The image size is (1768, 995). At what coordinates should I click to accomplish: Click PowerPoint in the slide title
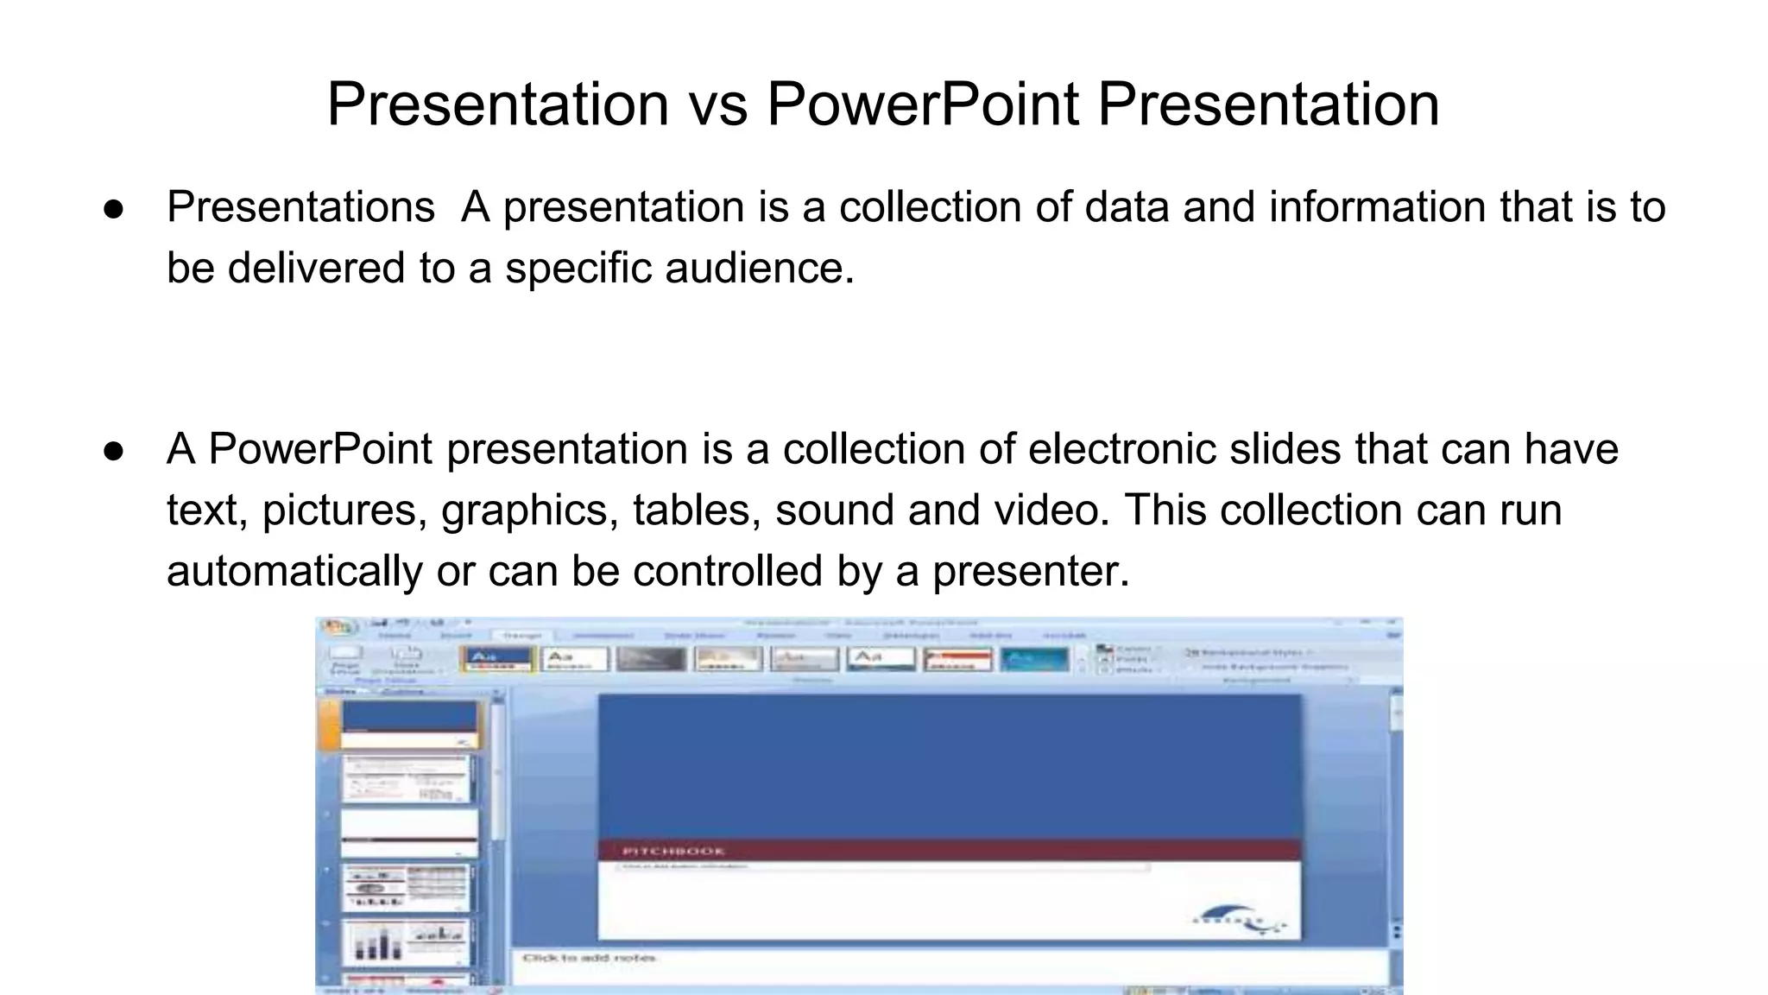pos(923,105)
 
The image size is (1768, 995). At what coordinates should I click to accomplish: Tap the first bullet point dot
pos(114,209)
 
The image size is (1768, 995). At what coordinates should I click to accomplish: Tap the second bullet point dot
pos(114,451)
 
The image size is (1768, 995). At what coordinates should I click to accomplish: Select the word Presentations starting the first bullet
pos(300,207)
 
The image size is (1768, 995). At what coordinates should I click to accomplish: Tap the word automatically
pos(294,571)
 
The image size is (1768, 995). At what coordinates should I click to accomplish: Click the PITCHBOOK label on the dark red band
pos(673,851)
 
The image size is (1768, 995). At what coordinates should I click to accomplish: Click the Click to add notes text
pos(590,958)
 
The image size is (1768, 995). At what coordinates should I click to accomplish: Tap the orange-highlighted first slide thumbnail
pos(409,724)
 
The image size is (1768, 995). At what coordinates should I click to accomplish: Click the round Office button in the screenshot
pos(339,627)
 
